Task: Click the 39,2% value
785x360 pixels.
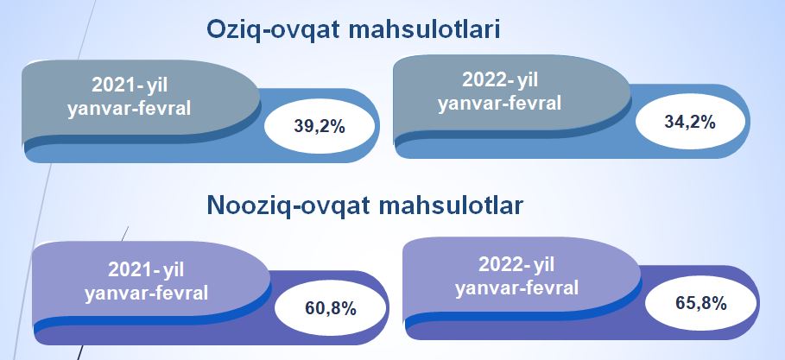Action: [x=320, y=127]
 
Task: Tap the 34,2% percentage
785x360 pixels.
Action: [x=690, y=122]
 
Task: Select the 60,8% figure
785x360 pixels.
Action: [x=331, y=308]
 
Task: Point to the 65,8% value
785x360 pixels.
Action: [x=701, y=303]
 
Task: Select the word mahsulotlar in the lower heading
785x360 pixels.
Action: [x=451, y=205]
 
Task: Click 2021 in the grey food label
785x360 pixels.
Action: [x=115, y=85]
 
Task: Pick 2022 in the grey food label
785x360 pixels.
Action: [x=485, y=80]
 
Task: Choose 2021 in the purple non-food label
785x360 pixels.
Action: [x=130, y=269]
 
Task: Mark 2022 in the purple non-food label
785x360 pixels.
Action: [x=501, y=264]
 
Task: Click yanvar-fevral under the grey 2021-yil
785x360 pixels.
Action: [x=130, y=108]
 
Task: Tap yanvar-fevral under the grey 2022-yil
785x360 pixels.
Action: [x=500, y=104]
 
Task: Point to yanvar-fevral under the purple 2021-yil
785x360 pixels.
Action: [x=146, y=293]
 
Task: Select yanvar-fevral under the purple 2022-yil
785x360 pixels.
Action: [x=516, y=287]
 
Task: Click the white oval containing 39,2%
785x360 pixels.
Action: [x=320, y=127]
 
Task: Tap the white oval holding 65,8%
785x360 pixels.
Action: [x=701, y=304]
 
